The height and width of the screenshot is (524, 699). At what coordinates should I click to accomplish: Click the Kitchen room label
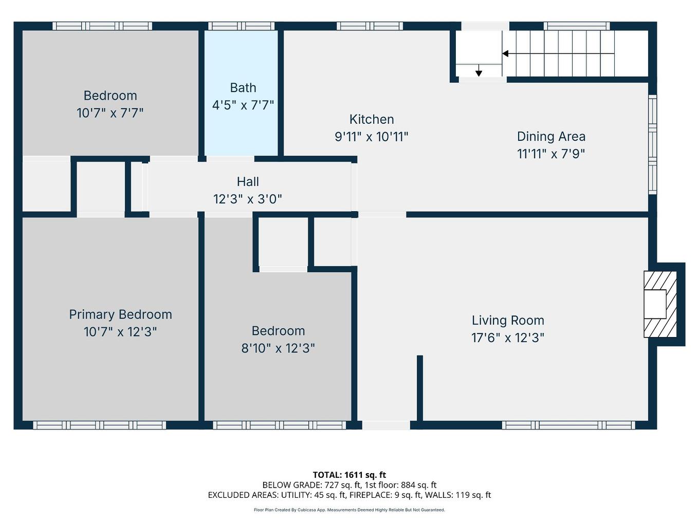click(371, 119)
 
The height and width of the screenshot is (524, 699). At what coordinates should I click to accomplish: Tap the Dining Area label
click(551, 136)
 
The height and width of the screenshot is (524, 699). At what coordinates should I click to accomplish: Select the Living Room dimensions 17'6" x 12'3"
click(507, 338)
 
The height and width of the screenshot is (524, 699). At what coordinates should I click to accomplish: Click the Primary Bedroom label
click(120, 314)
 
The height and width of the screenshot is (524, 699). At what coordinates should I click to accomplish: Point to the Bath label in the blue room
click(243, 88)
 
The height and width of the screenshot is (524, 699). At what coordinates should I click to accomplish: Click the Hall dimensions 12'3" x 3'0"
click(247, 199)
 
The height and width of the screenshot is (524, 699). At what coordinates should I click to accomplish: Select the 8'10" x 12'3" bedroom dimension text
click(278, 348)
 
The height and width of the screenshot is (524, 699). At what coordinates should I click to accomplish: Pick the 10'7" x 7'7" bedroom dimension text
click(110, 113)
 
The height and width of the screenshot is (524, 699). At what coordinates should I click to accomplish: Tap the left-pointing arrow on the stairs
click(506, 53)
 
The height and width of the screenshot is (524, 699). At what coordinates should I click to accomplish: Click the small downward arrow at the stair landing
click(479, 72)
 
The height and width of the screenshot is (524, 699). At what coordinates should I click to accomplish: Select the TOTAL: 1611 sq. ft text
click(349, 475)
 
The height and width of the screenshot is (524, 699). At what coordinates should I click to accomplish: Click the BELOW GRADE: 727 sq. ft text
click(311, 484)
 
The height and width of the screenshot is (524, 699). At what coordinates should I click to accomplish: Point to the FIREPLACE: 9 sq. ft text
click(385, 495)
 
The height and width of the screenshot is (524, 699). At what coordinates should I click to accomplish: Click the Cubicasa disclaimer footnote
click(349, 510)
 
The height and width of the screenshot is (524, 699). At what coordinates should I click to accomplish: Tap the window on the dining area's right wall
click(652, 144)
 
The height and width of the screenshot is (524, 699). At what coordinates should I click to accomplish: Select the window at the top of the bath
click(241, 26)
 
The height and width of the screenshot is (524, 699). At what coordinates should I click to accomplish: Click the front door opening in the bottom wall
click(386, 425)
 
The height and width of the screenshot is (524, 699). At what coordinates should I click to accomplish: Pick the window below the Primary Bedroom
click(100, 425)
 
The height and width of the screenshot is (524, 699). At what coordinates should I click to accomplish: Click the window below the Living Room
click(568, 425)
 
